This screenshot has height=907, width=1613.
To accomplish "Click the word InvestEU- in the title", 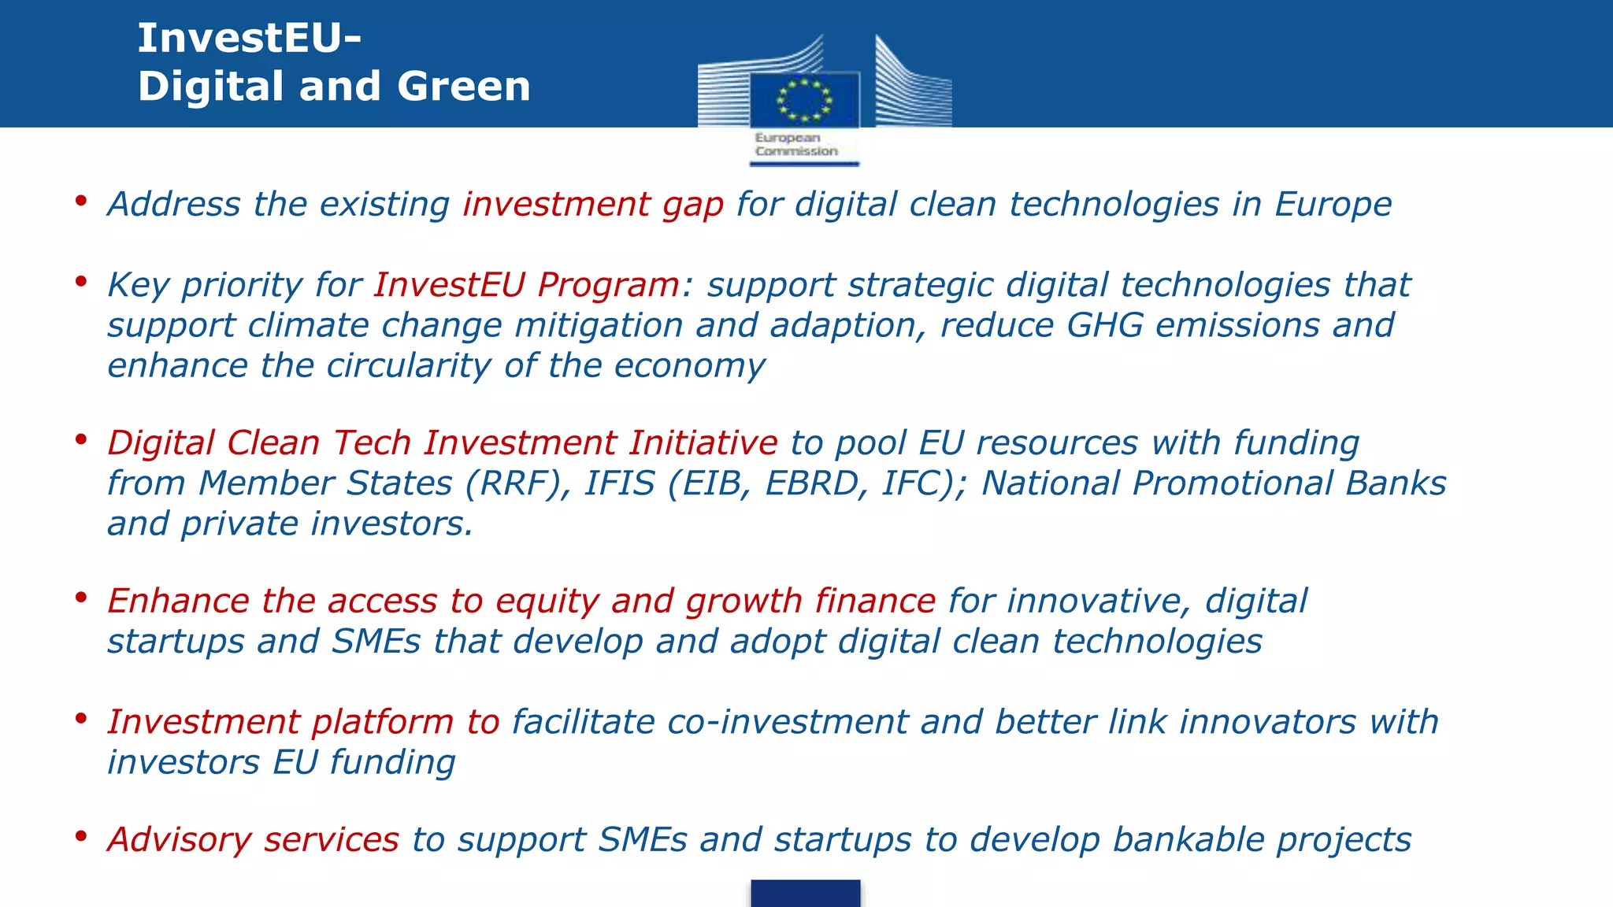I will point(249,38).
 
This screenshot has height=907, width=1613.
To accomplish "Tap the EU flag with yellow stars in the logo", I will point(804,100).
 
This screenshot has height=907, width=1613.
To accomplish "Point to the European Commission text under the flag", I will point(795,144).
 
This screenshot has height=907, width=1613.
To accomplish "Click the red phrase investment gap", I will point(592,205).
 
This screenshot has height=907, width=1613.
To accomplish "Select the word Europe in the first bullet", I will point(1333,205).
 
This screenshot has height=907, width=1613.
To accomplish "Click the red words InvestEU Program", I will point(526,285).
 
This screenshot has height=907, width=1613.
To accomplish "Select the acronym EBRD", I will point(810,483).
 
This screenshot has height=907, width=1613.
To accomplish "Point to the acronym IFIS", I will point(619,483).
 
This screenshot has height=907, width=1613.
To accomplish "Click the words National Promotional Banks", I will point(1213,483).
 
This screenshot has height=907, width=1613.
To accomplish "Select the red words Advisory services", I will point(253,840).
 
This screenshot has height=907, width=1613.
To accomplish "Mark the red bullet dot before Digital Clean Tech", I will point(80,439).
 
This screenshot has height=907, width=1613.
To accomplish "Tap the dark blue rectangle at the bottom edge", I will point(805,894).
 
